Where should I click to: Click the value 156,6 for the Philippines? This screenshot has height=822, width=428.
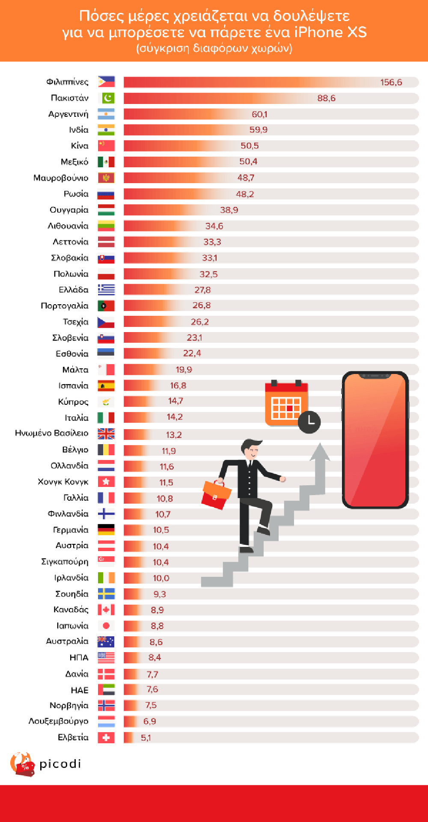(x=391, y=82)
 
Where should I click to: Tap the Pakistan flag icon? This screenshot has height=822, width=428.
(x=106, y=98)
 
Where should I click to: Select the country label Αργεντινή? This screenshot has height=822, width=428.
(x=68, y=114)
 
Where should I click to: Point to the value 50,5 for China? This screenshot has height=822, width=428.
(x=250, y=146)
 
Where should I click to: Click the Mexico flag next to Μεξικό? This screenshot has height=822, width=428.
(x=106, y=162)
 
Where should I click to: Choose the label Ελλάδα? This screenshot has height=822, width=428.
(x=74, y=290)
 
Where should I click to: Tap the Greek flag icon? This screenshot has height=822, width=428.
(x=106, y=290)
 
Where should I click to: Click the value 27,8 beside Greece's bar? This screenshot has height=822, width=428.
(x=202, y=290)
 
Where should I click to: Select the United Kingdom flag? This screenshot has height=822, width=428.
(x=106, y=434)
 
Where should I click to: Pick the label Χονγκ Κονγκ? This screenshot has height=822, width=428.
(x=63, y=482)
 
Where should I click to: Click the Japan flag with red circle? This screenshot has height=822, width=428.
(x=106, y=626)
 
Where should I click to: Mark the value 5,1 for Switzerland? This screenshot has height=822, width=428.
(x=146, y=738)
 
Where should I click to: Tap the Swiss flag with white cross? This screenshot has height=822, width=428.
(x=106, y=738)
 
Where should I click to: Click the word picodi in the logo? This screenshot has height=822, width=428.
(x=60, y=764)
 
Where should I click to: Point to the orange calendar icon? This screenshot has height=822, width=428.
(x=286, y=404)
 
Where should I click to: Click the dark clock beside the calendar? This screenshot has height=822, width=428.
(x=309, y=421)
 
